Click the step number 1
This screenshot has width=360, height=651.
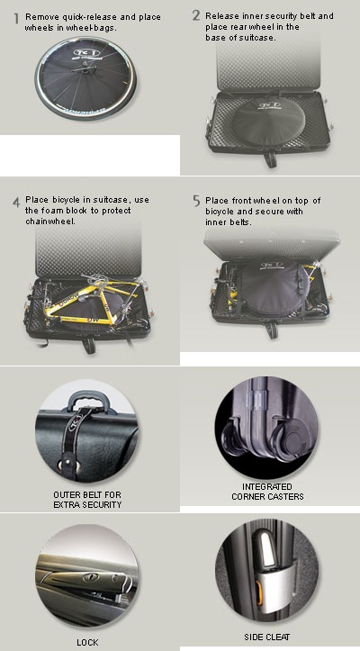pos(16,19)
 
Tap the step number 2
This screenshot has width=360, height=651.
pos(196,15)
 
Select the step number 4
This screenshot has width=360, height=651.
pos(16,203)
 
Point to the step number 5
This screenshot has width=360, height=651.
pos(196,201)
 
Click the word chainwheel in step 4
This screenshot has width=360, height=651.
pos(50,222)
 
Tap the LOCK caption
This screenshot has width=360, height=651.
pos(87,642)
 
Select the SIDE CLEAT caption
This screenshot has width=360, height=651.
pos(267,637)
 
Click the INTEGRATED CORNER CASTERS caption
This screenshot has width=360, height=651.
pos(267,491)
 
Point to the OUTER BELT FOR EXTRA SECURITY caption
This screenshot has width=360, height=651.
pos(87,500)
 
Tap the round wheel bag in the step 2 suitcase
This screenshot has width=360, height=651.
pos(269,122)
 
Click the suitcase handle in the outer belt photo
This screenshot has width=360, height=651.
pos(86,401)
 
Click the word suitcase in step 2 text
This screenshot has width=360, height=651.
pos(258,37)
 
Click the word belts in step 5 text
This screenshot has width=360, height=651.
pos(240,222)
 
